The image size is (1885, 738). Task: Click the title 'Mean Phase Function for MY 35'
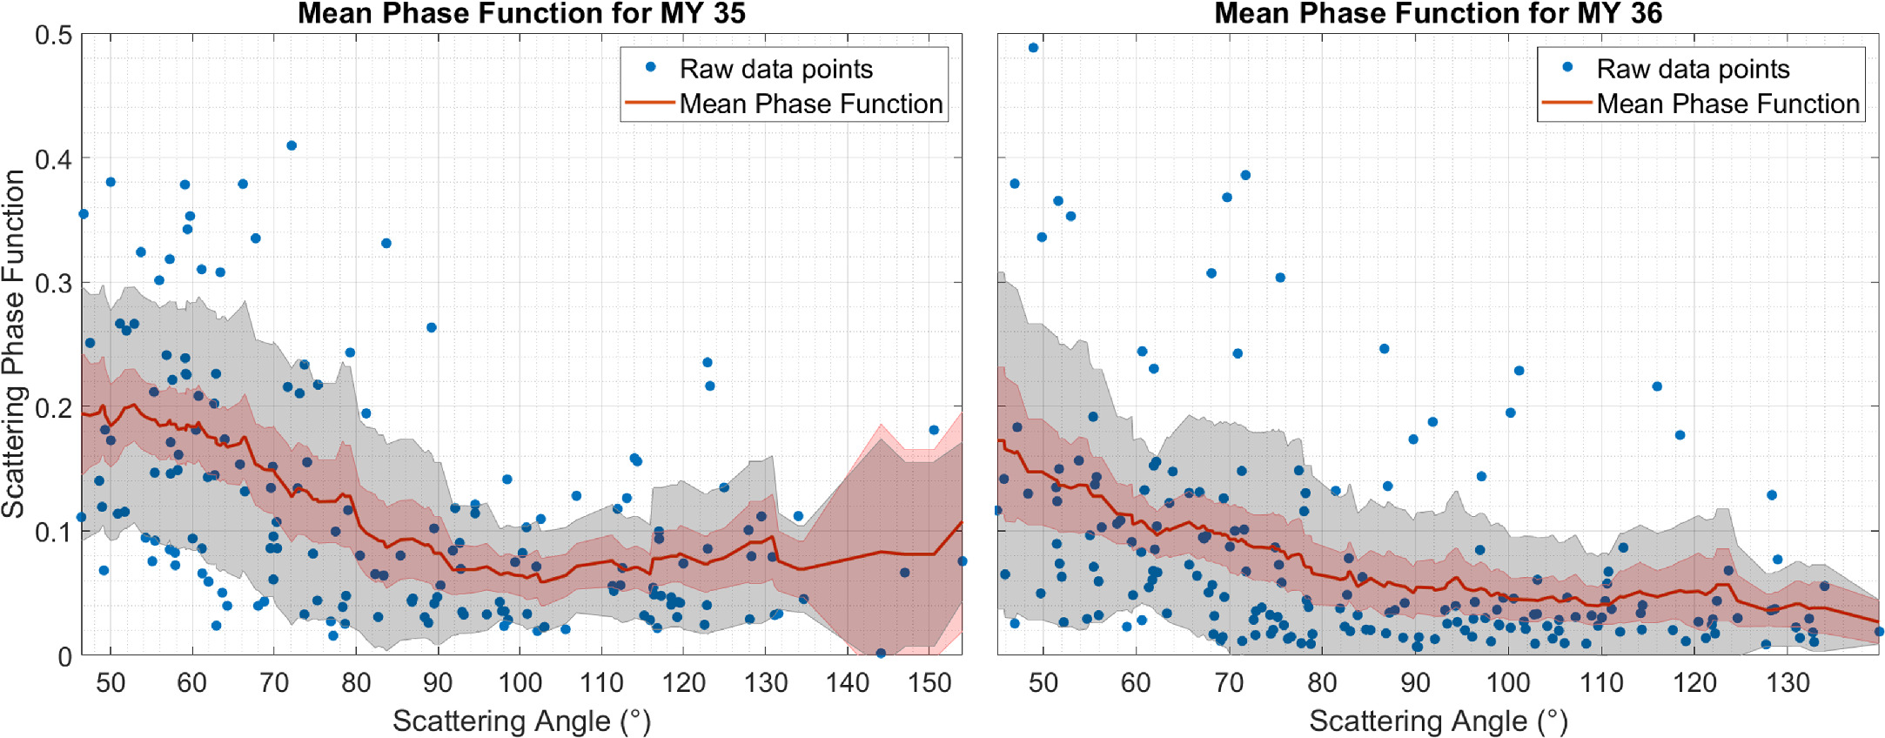coord(521,13)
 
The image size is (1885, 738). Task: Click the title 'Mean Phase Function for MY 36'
coord(1438,13)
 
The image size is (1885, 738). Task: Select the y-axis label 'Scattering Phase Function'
coord(13,344)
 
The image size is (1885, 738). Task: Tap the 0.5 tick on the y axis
coord(53,36)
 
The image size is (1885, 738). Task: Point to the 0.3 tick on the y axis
coord(53,284)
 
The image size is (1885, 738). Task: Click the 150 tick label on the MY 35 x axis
coord(929,683)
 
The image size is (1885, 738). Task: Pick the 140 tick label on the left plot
coord(848,683)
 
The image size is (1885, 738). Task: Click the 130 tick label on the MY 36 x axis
coord(1788,683)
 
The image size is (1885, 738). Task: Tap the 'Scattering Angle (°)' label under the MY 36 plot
coord(1438,721)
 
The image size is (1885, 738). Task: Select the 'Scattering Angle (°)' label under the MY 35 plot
coord(521,721)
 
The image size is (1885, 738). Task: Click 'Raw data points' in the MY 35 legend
coord(775,69)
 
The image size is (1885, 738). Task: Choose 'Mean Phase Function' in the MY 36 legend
coord(1727,104)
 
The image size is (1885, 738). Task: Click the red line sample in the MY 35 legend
coord(650,103)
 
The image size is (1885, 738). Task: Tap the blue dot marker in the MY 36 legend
coord(1567,67)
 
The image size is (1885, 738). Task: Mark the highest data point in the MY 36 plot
coord(1033,48)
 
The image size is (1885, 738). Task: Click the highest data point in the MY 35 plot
coord(292,145)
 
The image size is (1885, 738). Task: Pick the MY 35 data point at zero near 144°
coord(881,653)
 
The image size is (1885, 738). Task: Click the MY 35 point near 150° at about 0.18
coord(934,430)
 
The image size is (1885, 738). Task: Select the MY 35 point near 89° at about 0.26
coord(431,327)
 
